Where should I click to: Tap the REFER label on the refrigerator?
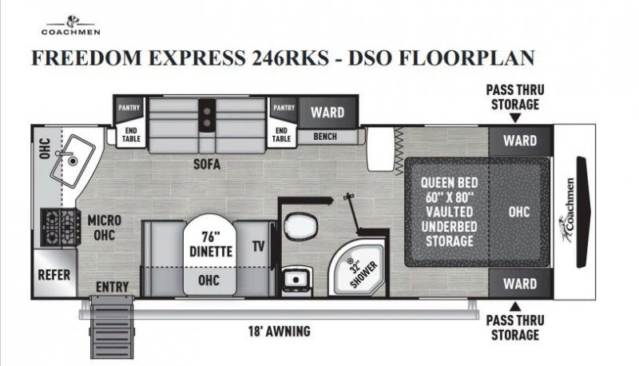(x=55, y=274)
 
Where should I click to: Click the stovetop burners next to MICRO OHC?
(x=62, y=227)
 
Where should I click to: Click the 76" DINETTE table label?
(x=211, y=245)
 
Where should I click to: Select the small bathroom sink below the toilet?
(x=303, y=277)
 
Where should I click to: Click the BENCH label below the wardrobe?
(x=324, y=137)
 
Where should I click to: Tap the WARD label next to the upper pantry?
(x=327, y=111)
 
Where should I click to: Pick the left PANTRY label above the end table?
(x=129, y=107)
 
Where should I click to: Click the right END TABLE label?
(x=281, y=133)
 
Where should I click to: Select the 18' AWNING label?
(x=279, y=331)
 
